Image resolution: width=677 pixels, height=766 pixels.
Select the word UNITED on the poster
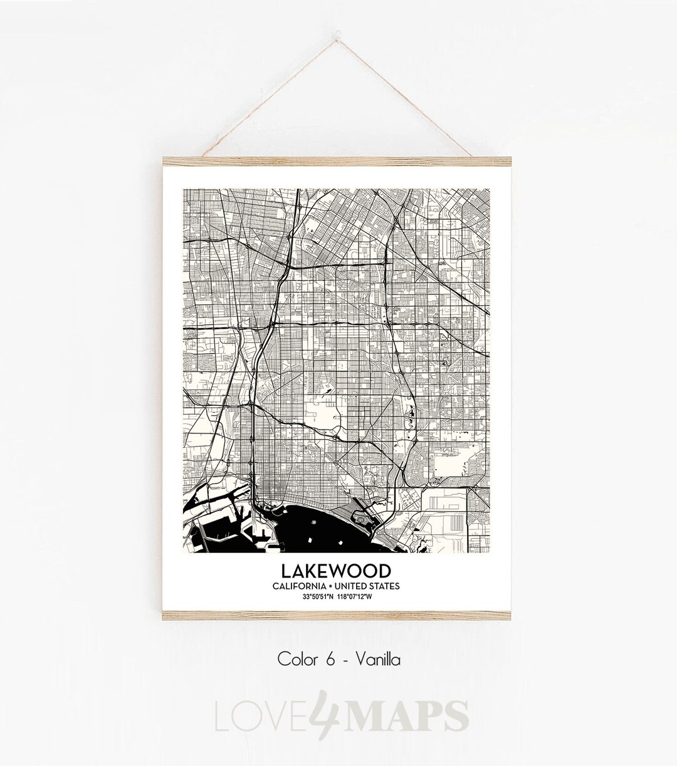[x=356, y=586]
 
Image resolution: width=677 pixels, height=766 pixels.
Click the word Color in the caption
[x=295, y=659]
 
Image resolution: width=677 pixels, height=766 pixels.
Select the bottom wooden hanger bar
[x=338, y=616]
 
